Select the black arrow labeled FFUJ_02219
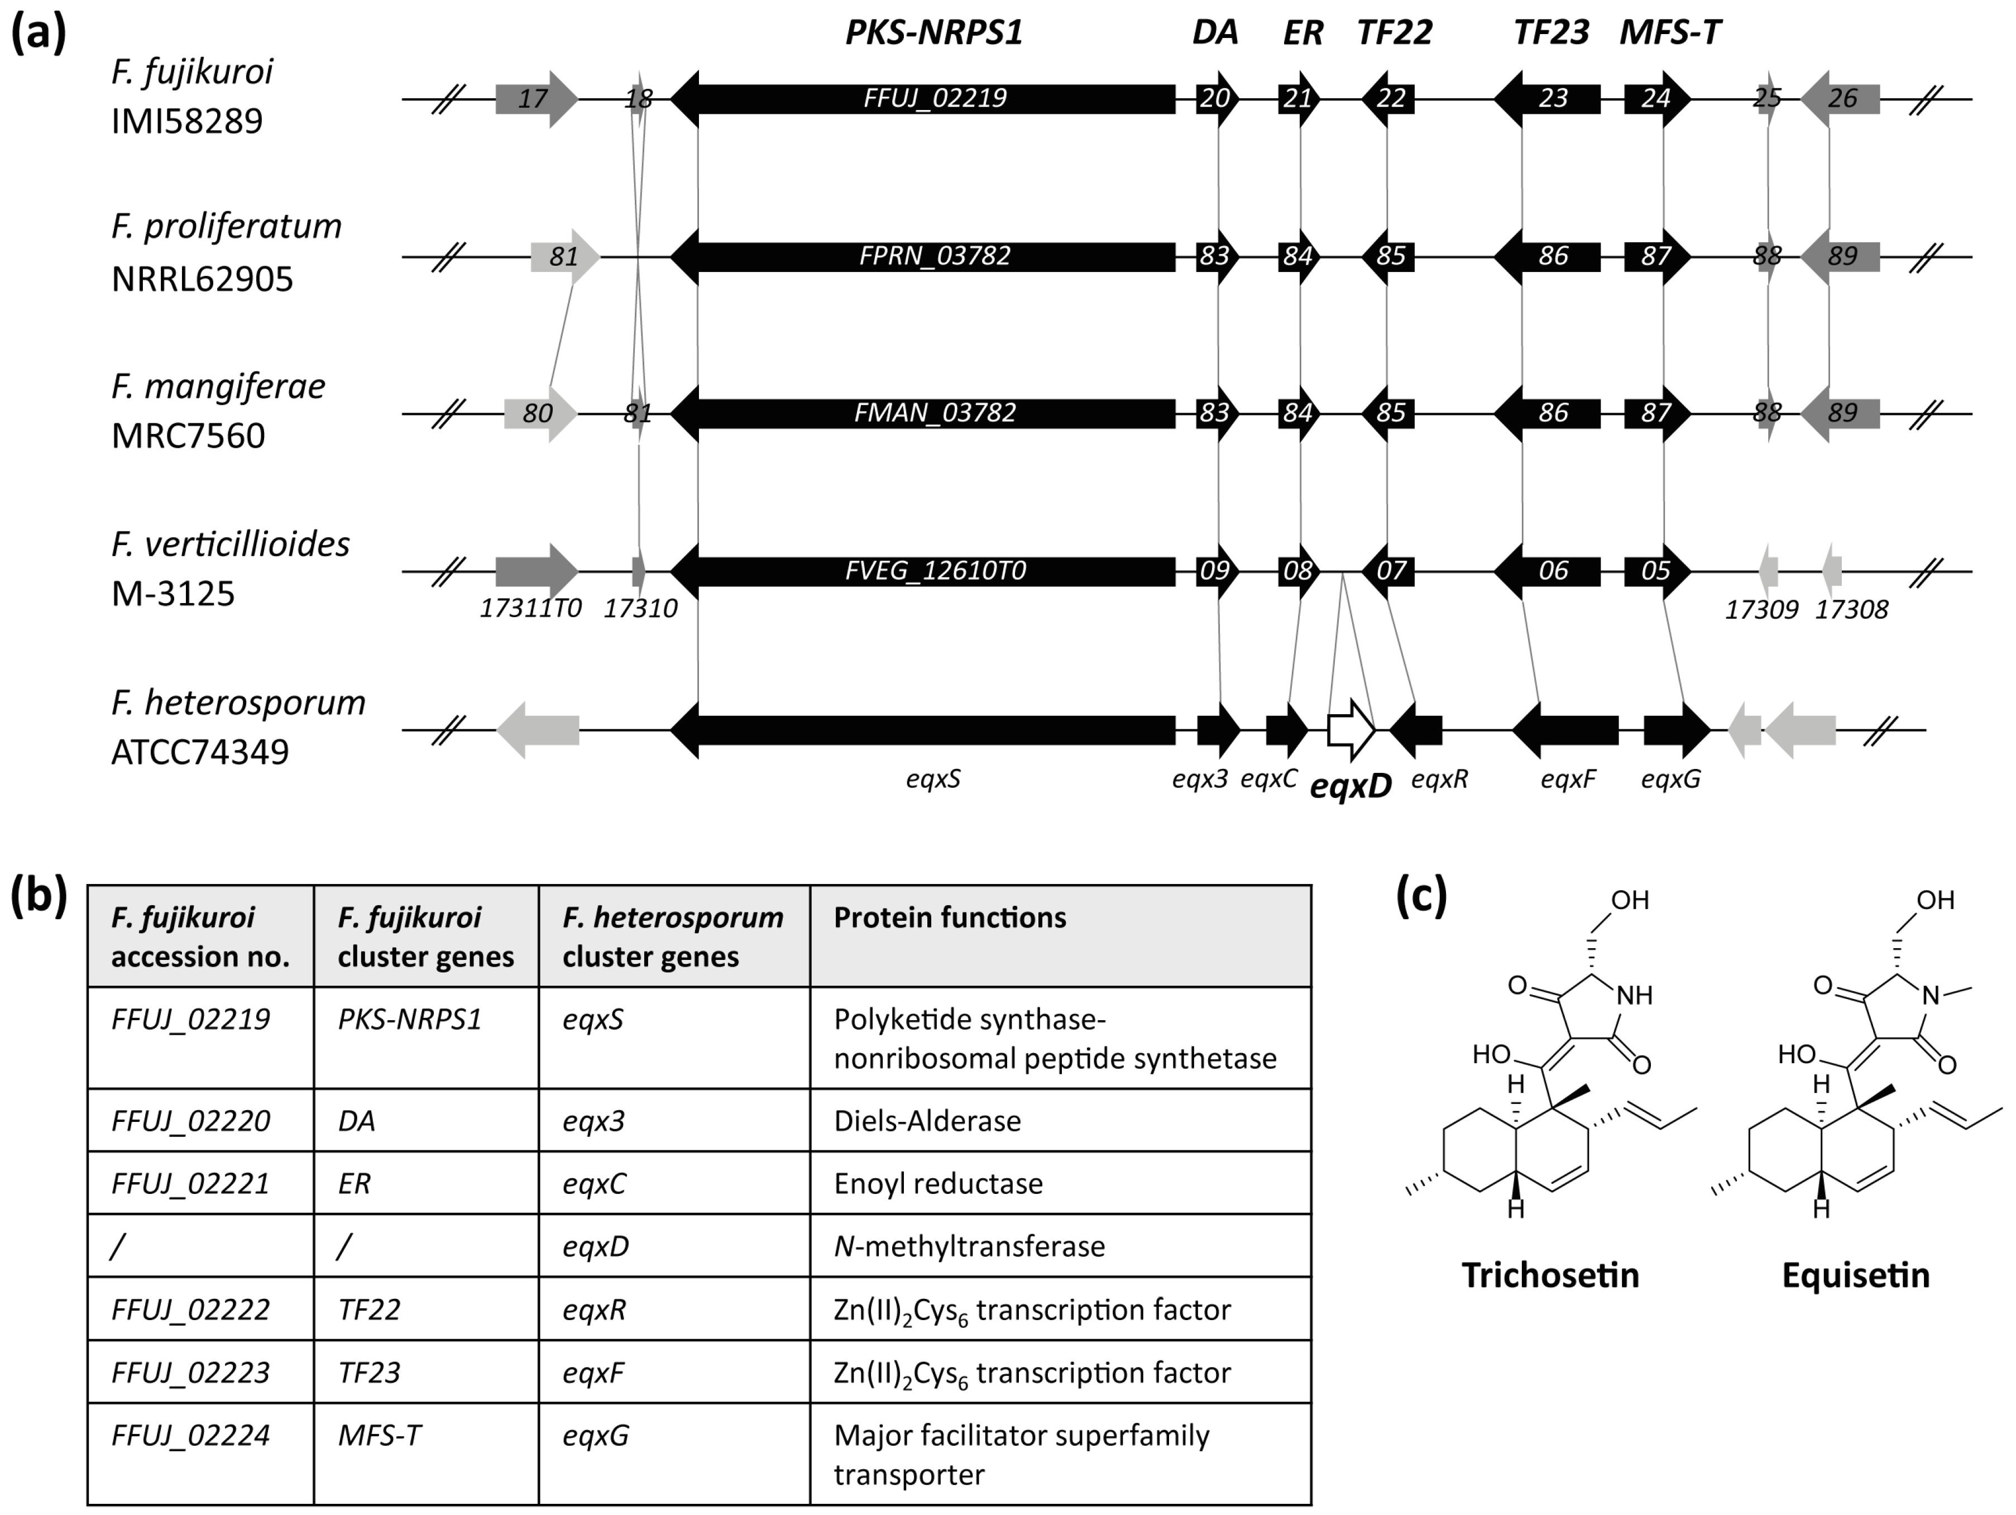[x=934, y=98]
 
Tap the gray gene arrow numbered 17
[x=535, y=98]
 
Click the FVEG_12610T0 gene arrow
[x=934, y=571]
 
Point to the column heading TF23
[x=1550, y=33]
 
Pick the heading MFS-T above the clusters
[x=1670, y=33]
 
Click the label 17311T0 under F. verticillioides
[x=530, y=608]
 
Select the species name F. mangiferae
[x=218, y=386]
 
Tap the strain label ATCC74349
[x=200, y=752]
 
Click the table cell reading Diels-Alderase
[x=927, y=1120]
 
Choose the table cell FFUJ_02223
[x=190, y=1372]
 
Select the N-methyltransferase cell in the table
[x=969, y=1246]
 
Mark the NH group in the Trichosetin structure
[x=1634, y=996]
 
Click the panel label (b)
[x=39, y=897]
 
